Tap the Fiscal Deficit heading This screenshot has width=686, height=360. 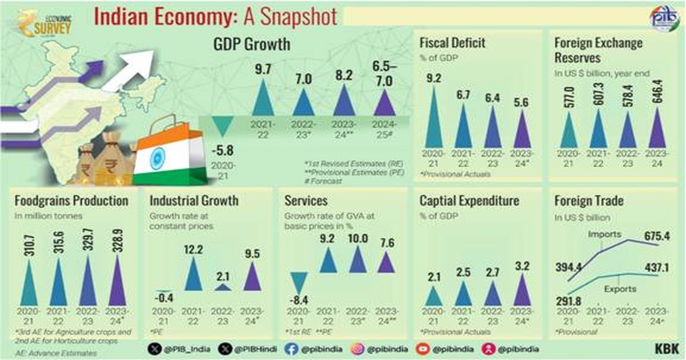(452, 43)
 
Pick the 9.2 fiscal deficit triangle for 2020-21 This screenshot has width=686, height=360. (433, 117)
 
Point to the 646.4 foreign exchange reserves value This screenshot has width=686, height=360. (656, 89)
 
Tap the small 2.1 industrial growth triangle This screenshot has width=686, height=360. (224, 287)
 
